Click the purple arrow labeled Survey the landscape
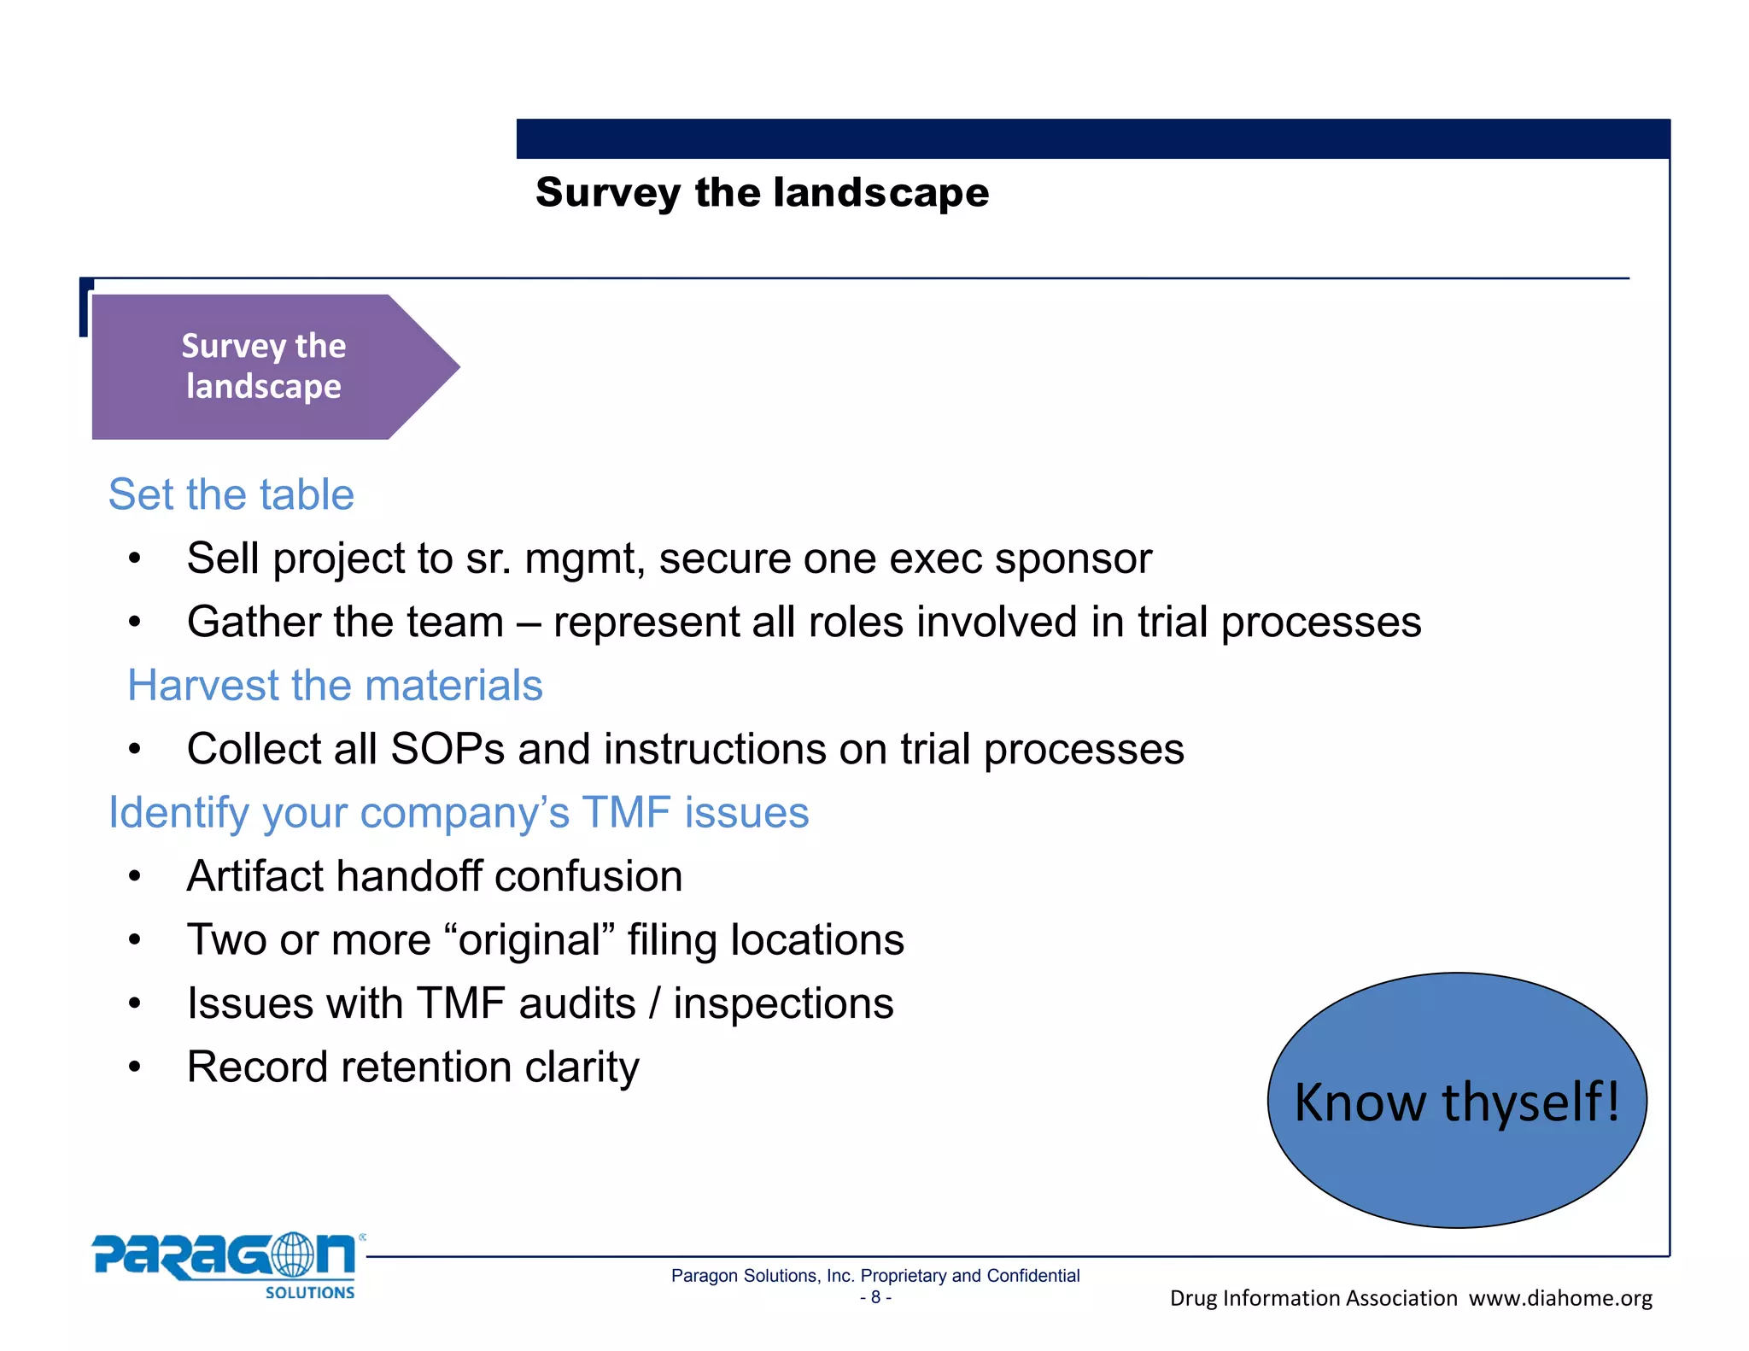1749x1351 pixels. [265, 366]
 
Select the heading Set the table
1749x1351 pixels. [231, 494]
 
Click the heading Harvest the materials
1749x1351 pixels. [335, 685]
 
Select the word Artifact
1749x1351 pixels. [254, 876]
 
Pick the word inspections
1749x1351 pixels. [783, 1003]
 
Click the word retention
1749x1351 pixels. [424, 1067]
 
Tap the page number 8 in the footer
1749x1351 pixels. [875, 1297]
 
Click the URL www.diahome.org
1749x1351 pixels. [1560, 1298]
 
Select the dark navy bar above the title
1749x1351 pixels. [1092, 138]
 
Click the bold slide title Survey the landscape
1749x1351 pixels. [762, 192]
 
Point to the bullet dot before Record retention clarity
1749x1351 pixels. [134, 1067]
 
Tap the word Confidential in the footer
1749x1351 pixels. [1032, 1276]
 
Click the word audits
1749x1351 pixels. [577, 1003]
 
